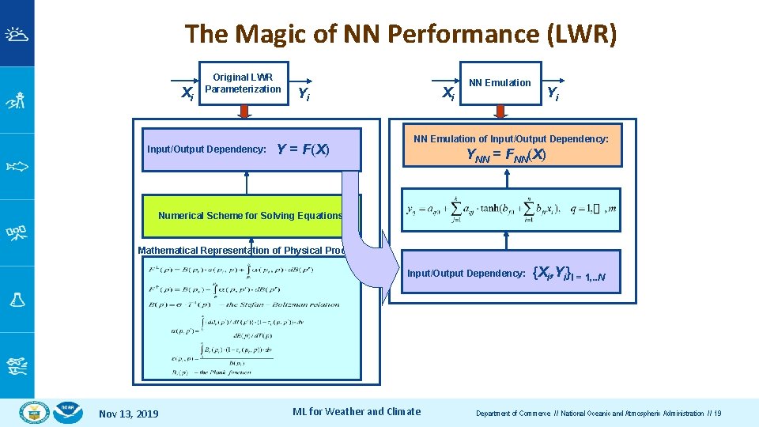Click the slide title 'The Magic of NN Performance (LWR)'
click(x=401, y=34)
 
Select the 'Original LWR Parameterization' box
click(x=243, y=83)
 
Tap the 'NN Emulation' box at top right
click(x=500, y=83)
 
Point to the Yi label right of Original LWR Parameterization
click(x=303, y=94)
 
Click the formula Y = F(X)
click(x=303, y=149)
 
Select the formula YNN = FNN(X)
click(x=506, y=155)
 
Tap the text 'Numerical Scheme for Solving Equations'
click(x=250, y=215)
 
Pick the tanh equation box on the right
click(x=510, y=210)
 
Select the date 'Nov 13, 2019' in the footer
click(x=128, y=414)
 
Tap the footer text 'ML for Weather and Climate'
click(x=357, y=411)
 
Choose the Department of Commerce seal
click(x=35, y=412)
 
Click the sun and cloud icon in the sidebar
click(x=17, y=34)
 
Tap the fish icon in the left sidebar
click(x=17, y=166)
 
